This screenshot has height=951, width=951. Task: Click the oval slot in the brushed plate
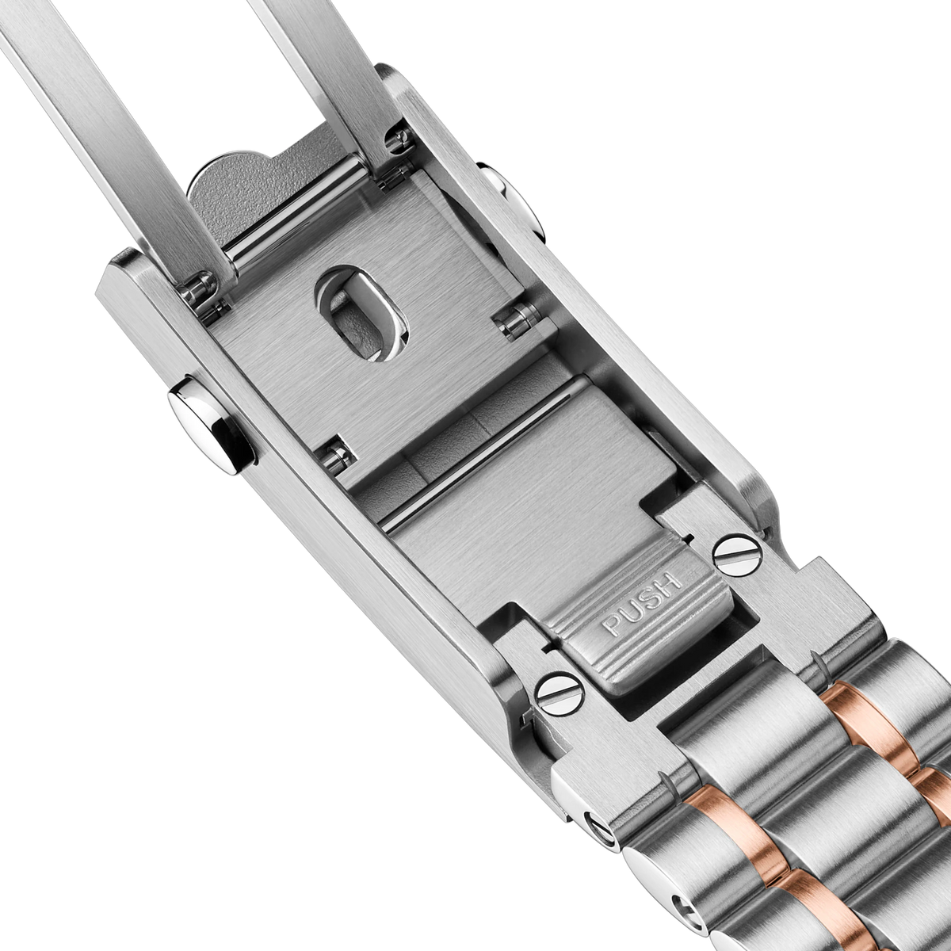coord(364,314)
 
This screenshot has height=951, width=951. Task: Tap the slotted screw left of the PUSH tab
coord(560,693)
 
